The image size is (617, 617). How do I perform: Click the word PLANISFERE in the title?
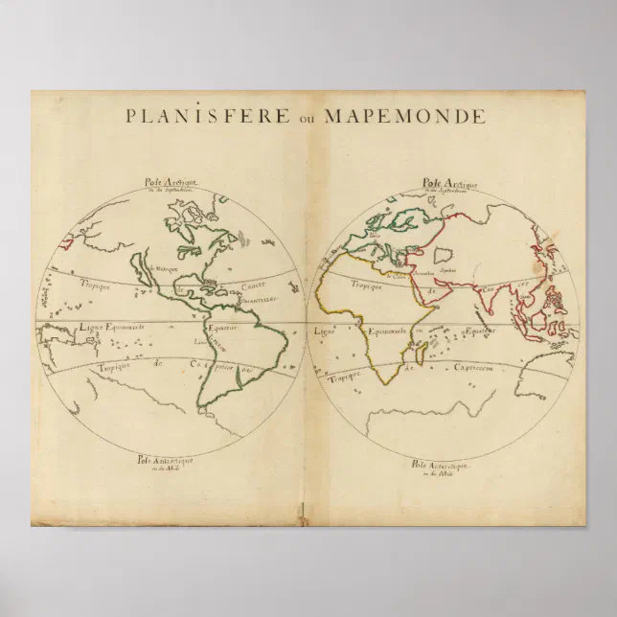pyautogui.click(x=206, y=117)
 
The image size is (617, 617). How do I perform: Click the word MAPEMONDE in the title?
pyautogui.click(x=404, y=117)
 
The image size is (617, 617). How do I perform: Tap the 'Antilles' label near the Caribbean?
pyautogui.click(x=257, y=298)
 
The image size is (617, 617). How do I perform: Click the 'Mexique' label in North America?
pyautogui.click(x=167, y=271)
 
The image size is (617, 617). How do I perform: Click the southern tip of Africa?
pyautogui.click(x=385, y=383)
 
